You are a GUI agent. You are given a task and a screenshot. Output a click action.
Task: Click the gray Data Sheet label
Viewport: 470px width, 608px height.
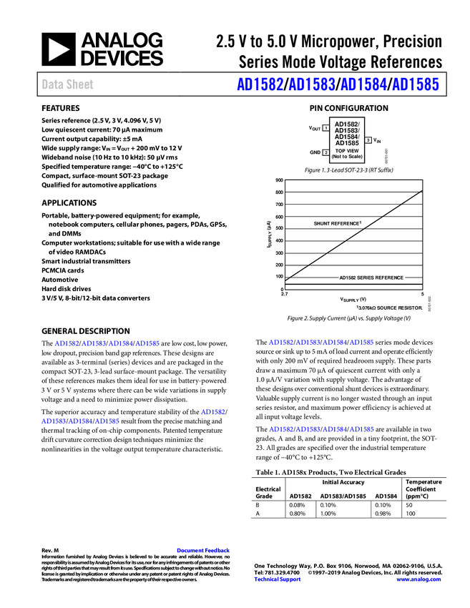(68, 84)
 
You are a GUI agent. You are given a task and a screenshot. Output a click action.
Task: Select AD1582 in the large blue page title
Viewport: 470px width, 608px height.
(258, 84)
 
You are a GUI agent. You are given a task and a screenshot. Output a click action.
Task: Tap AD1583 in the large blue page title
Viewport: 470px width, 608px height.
(311, 84)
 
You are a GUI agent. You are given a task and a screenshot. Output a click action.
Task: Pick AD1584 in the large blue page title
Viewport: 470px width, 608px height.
(363, 84)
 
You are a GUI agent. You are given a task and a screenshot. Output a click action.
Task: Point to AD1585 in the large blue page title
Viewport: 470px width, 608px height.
(416, 84)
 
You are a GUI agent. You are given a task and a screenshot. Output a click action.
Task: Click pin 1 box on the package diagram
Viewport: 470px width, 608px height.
(325, 128)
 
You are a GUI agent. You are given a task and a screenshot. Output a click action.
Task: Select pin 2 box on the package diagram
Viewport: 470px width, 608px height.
(325, 152)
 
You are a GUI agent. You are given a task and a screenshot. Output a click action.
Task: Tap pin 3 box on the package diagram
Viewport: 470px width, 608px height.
(368, 140)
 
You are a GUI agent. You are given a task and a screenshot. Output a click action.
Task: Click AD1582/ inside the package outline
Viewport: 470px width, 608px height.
(347, 124)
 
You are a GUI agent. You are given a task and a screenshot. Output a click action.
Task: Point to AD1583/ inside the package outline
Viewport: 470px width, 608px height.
(347, 130)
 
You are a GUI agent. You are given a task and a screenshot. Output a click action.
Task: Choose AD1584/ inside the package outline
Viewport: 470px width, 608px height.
(347, 137)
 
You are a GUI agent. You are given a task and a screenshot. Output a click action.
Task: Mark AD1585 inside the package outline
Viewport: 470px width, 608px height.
(347, 143)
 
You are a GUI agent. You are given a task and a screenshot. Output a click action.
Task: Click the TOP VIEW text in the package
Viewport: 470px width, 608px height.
(347, 151)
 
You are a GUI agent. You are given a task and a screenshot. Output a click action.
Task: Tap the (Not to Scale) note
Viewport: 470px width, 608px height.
(347, 157)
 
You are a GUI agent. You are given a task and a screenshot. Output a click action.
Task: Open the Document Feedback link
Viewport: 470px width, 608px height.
(204, 550)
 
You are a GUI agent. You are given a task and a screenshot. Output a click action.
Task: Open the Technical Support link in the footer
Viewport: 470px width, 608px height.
(278, 579)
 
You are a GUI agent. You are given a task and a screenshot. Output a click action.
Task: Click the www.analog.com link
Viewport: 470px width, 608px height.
(418, 579)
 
